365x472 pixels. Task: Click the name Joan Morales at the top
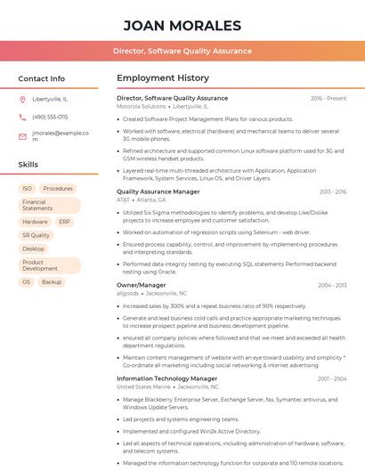point(182,25)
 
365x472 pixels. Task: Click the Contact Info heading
point(41,78)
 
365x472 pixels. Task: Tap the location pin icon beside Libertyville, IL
point(22,100)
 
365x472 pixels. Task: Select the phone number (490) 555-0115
point(50,117)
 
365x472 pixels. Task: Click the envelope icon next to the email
point(22,136)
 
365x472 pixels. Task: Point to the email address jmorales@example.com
point(61,136)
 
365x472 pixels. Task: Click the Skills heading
point(28,165)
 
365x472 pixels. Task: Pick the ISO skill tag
point(27,189)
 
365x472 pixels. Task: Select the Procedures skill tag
point(58,189)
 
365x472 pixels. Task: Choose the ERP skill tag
point(64,222)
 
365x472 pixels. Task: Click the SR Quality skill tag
point(36,235)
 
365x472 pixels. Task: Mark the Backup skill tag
point(52,281)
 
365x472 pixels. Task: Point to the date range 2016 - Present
point(328,98)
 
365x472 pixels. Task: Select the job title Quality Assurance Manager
point(158,191)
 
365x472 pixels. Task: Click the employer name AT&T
point(123,200)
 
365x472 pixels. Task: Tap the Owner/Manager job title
point(141,285)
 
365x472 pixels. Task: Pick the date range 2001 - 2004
point(331,378)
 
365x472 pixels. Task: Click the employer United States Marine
point(143,387)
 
